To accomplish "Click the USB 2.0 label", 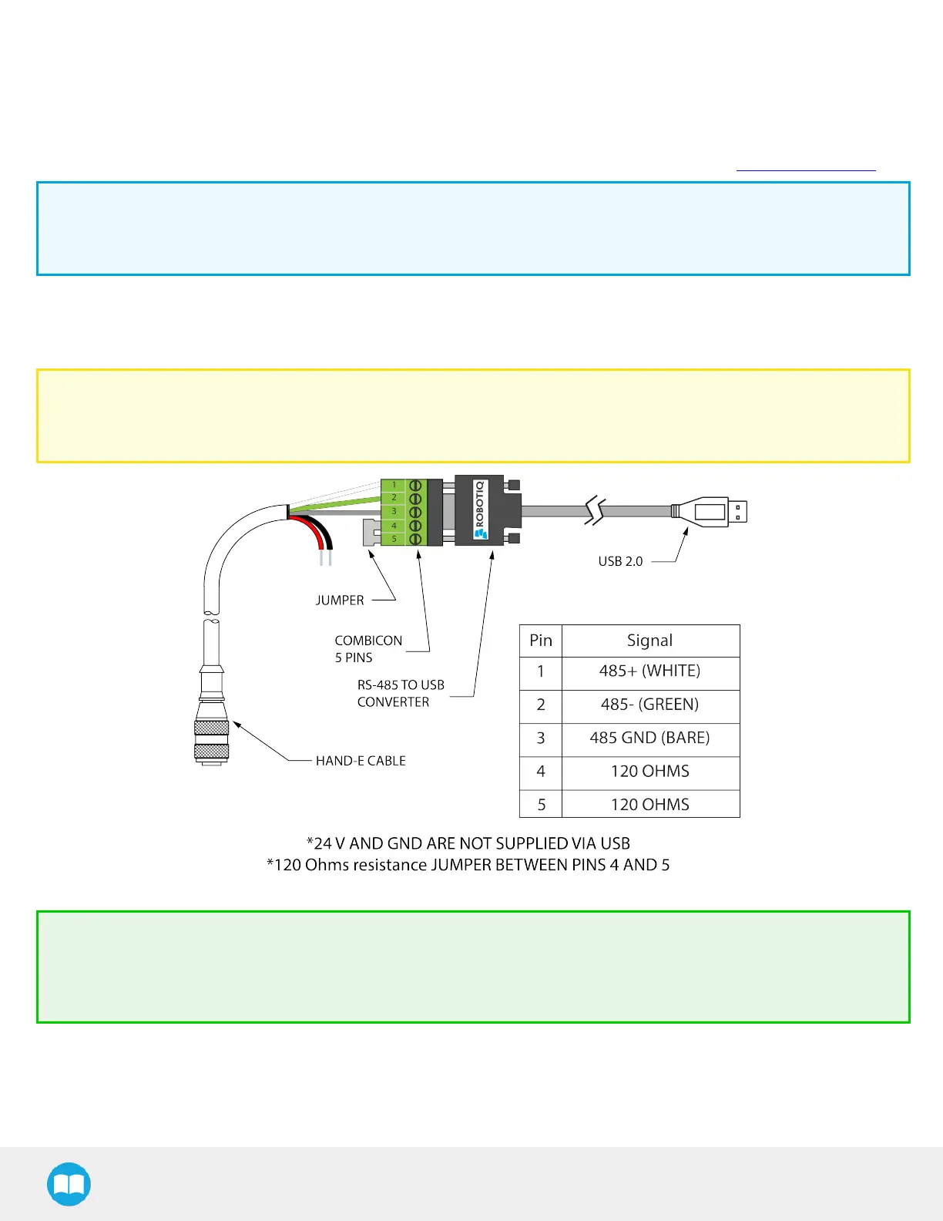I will point(620,561).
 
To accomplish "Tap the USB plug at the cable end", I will point(716,511).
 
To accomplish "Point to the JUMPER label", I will point(340,600).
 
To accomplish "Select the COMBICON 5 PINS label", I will point(368,649).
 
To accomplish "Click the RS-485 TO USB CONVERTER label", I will point(401,693).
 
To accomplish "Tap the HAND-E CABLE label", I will point(361,761).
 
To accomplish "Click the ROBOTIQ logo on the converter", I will point(480,510).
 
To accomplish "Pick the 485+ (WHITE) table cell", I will point(650,671).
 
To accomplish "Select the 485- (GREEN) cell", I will point(650,705).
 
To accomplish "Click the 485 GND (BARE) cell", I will point(650,738).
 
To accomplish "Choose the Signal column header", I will point(650,641).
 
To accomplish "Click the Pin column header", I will point(541,641).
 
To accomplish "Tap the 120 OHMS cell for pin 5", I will point(650,805).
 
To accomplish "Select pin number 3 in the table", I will point(541,738).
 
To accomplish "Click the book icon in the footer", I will point(69,1184).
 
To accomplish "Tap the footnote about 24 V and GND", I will point(468,843).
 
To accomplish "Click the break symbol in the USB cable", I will point(595,511).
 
